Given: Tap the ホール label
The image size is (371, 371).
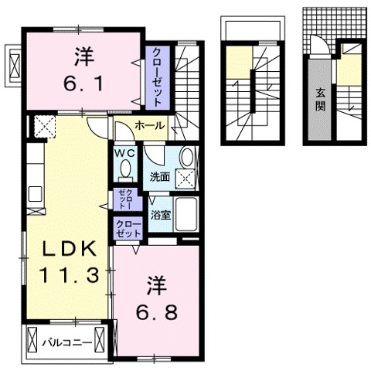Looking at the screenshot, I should point(148,125).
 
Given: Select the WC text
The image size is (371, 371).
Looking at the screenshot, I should point(126,153).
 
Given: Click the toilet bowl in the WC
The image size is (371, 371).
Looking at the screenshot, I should point(126,172).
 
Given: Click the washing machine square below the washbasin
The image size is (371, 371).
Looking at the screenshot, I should point(186,181).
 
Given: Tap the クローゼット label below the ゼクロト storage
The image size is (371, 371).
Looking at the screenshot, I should point(127,228).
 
